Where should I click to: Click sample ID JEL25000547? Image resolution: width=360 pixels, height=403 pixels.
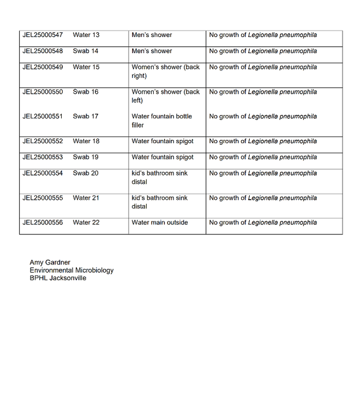click(x=43, y=35)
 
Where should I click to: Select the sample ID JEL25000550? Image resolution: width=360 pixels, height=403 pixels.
click(x=43, y=92)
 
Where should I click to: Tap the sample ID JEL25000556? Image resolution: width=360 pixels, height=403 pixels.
click(x=43, y=222)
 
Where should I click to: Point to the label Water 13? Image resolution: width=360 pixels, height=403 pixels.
click(x=86, y=35)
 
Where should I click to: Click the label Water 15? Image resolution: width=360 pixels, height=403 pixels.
click(x=86, y=67)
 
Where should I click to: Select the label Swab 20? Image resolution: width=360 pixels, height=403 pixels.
click(x=86, y=173)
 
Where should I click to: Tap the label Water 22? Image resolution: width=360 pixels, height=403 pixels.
click(x=86, y=222)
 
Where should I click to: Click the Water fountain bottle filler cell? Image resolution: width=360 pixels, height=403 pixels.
click(x=161, y=121)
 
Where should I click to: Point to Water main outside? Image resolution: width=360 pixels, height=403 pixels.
click(x=159, y=222)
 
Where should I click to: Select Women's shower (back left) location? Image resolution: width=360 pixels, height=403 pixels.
click(x=165, y=96)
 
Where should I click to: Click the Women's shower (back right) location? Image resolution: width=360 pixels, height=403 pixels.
click(x=165, y=71)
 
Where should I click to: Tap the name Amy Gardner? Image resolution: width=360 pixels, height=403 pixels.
click(x=50, y=262)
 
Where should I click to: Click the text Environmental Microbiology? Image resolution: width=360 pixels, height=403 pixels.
click(x=71, y=270)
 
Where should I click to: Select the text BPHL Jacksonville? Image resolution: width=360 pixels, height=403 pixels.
click(x=58, y=278)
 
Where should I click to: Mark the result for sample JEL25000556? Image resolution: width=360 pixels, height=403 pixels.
click(x=263, y=222)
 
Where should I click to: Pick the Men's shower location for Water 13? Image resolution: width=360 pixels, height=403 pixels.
click(x=152, y=35)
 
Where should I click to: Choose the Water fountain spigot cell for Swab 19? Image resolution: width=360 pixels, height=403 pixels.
click(x=163, y=157)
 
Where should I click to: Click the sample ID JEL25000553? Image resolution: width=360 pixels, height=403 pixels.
click(x=43, y=157)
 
